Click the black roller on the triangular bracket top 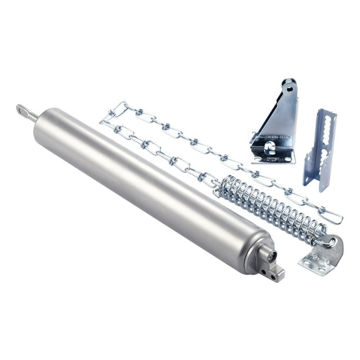tap(289, 82)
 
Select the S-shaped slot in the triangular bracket tap(271, 146)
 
